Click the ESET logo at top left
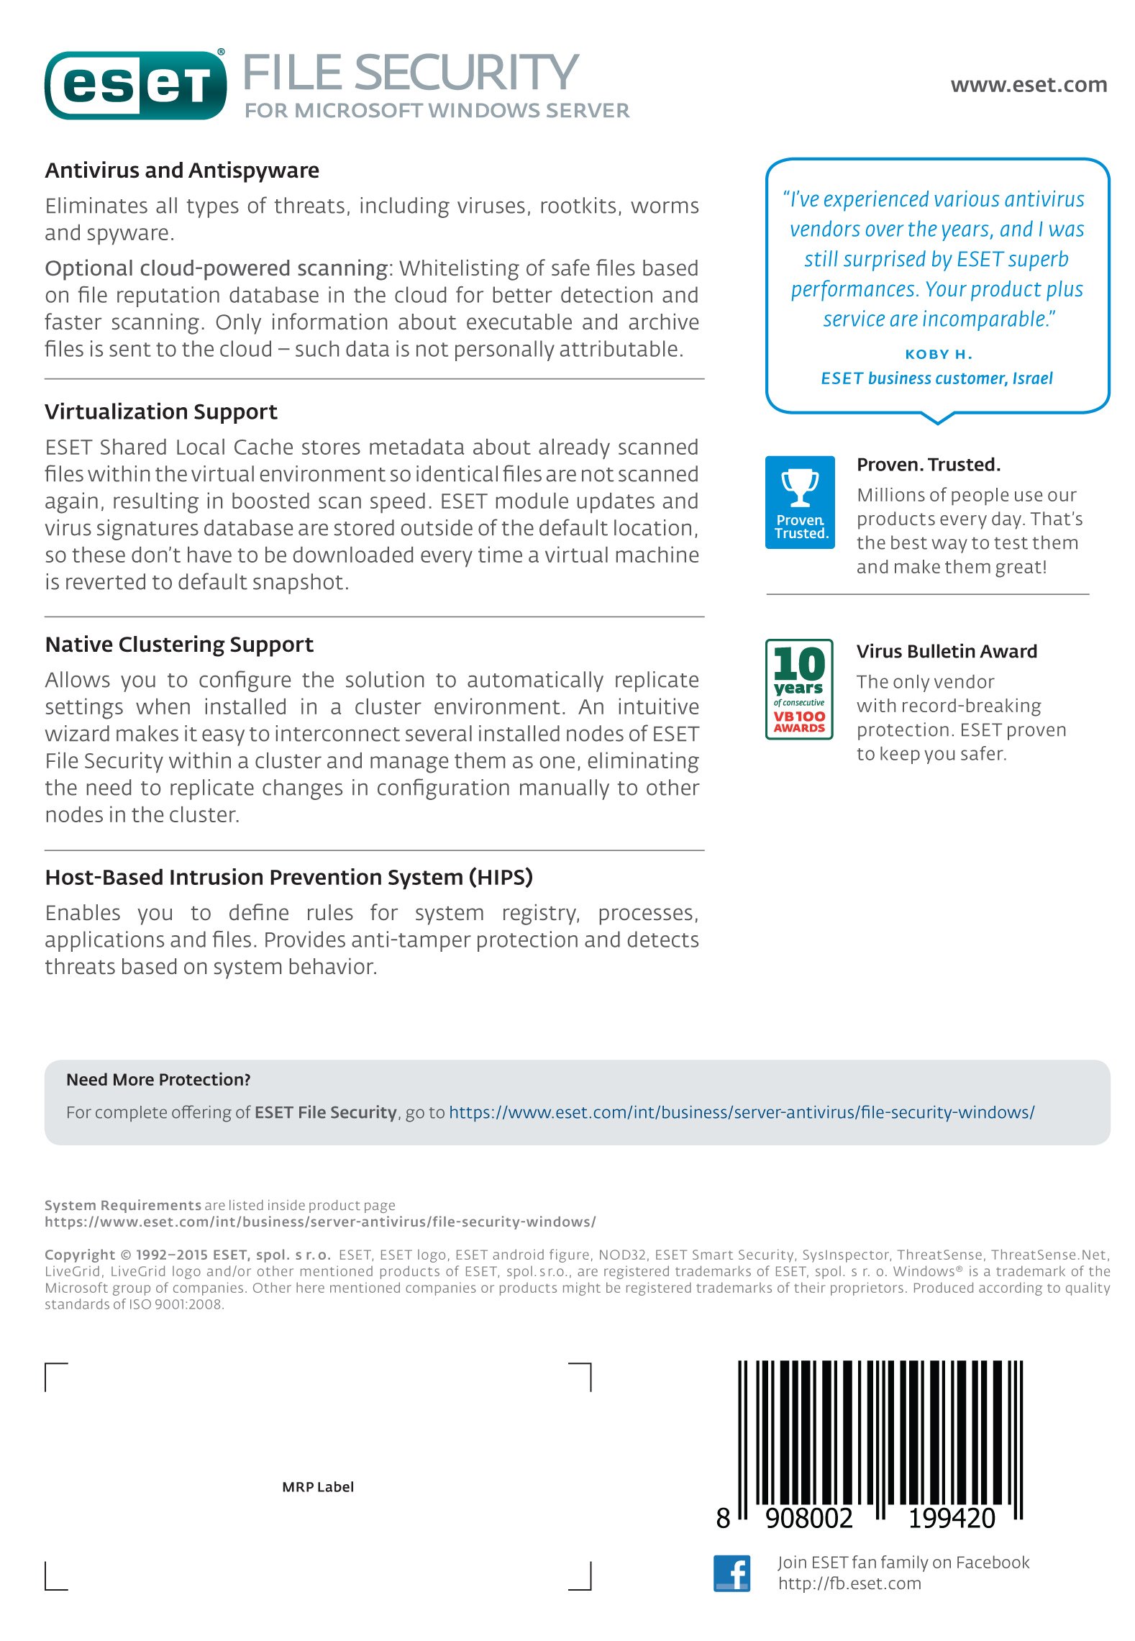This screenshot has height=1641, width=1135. pos(135,86)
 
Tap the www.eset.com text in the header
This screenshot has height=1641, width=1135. pos(1028,85)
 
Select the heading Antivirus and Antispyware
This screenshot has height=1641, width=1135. pos(182,171)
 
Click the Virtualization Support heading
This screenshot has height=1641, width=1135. pos(161,412)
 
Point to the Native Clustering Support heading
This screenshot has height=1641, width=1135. pos(179,644)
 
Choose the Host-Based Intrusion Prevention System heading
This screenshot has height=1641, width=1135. pos(288,877)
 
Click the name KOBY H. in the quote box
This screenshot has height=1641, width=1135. pos(938,354)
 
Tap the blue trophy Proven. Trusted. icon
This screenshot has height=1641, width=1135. pos(800,502)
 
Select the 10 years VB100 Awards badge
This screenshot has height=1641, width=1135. pos(799,689)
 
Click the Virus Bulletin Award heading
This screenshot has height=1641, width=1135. pos(947,651)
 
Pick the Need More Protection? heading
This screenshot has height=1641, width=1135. pos(158,1079)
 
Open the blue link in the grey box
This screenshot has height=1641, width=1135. pos(742,1112)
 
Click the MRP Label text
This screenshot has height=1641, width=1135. pos(318,1486)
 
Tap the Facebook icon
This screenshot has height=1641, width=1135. pos(731,1573)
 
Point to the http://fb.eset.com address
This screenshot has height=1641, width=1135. pos(849,1583)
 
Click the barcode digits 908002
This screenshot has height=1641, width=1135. pos(808,1518)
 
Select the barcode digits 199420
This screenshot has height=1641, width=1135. pos(951,1518)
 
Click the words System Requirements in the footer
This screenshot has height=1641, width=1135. pos(123,1205)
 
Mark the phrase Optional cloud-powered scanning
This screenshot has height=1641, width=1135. pos(216,268)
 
